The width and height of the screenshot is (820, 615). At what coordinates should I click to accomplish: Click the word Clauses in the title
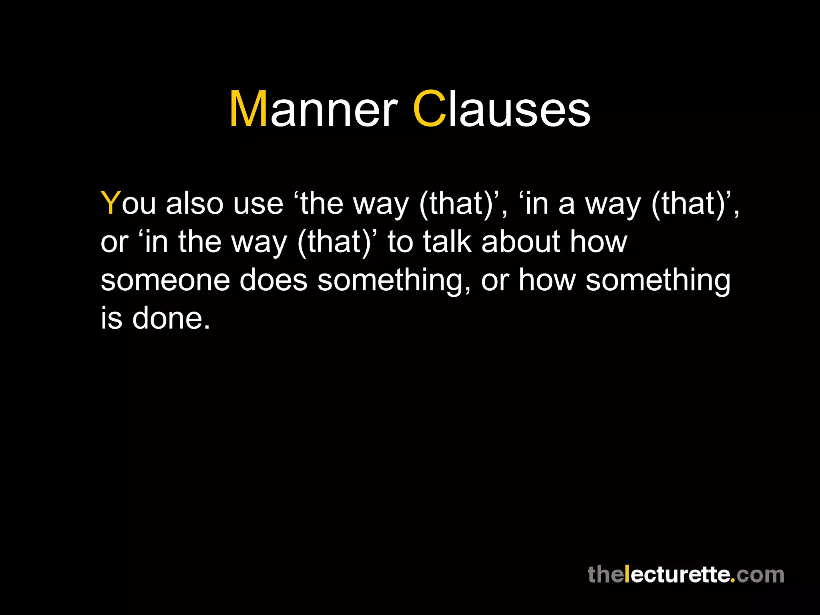501,109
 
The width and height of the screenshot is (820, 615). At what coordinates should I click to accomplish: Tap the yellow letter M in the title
248,109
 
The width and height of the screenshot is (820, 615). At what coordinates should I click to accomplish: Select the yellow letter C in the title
429,109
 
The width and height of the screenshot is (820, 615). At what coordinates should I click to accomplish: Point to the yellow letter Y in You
111,203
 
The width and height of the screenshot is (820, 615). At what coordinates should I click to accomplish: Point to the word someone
165,280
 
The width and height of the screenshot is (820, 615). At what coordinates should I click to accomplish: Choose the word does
273,280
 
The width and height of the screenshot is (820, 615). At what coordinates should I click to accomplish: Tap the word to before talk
400,242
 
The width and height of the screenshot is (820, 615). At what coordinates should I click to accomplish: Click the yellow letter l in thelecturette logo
627,574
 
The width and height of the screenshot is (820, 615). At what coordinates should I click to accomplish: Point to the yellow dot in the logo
733,580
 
